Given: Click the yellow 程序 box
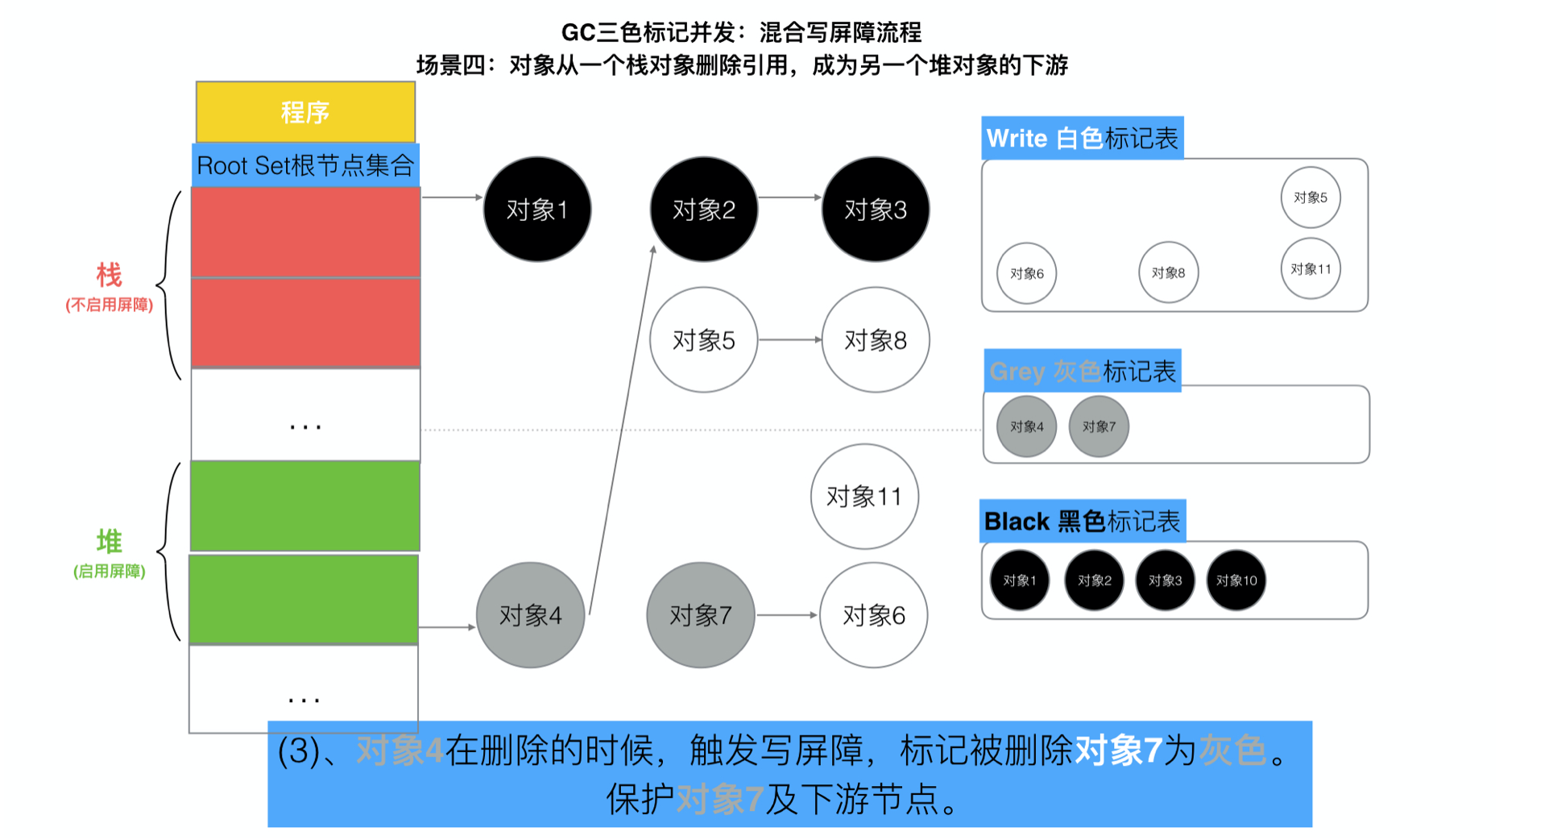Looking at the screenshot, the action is tap(305, 112).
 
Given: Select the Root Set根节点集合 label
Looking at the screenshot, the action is tap(305, 165).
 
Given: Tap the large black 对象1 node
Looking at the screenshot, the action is tap(537, 210).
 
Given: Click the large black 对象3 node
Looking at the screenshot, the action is tap(876, 210).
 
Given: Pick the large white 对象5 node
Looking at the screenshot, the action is tap(703, 340).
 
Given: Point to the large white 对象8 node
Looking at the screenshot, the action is tap(876, 340).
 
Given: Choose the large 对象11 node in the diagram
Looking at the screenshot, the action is tap(864, 497).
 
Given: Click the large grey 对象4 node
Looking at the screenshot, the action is tap(530, 615).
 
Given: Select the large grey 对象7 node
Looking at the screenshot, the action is tap(701, 615).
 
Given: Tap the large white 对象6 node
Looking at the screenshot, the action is tap(874, 615).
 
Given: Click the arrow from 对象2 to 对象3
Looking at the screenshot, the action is tap(789, 197).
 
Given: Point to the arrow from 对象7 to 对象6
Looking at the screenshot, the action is tap(787, 615).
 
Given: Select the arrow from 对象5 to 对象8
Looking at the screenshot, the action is tap(789, 340).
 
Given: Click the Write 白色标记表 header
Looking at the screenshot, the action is tap(1082, 139).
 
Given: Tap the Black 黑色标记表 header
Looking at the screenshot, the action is tap(1082, 522).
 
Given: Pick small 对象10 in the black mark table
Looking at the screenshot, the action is tap(1236, 580).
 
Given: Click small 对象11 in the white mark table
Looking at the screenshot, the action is tap(1311, 269).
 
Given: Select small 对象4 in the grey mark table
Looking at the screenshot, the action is tap(1026, 426).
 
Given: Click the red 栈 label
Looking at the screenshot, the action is tap(109, 276).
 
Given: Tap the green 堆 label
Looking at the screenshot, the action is tap(109, 541).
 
